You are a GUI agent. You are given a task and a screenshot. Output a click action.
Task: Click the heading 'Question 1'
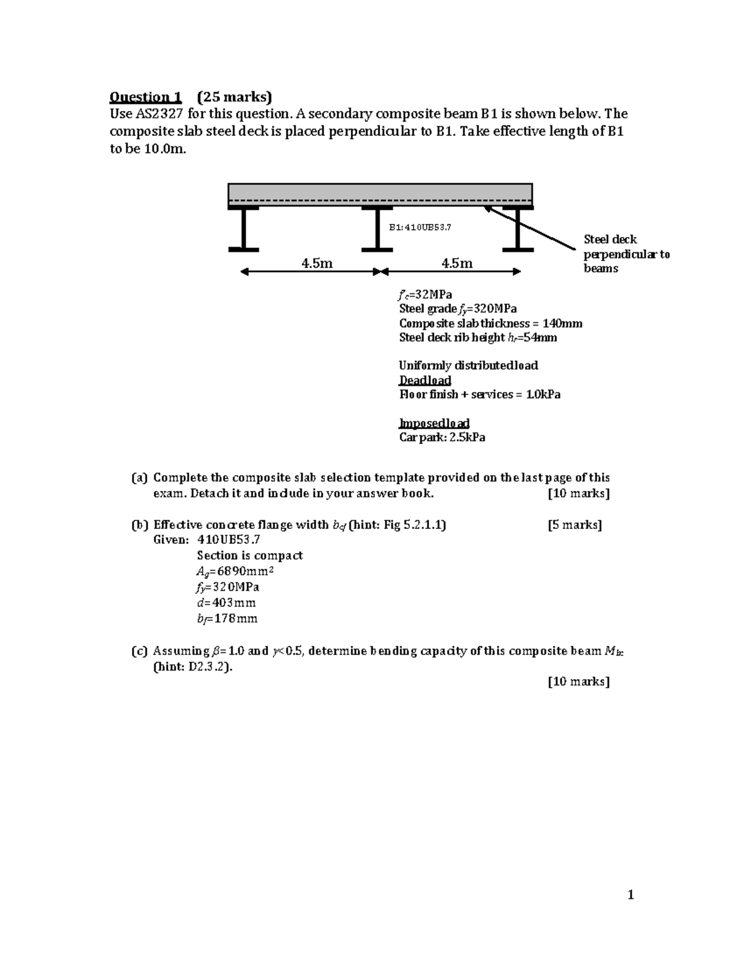(145, 97)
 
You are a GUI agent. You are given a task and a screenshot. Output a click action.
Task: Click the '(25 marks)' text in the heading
(234, 97)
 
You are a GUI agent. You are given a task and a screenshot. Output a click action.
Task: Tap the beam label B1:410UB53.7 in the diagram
(420, 227)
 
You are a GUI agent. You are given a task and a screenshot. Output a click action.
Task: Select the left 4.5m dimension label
(317, 264)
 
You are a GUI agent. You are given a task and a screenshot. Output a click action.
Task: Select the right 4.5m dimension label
(457, 264)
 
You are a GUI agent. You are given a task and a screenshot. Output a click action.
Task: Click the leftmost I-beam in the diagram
(244, 229)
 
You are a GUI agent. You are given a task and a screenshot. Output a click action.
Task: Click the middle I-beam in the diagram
(377, 229)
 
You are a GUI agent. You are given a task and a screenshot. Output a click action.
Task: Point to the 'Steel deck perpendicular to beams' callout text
(626, 254)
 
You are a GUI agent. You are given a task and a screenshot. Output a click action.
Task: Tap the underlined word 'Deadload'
(425, 380)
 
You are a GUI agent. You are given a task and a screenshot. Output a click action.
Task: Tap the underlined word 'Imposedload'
(434, 423)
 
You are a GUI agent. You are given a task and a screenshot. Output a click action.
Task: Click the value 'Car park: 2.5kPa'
(442, 437)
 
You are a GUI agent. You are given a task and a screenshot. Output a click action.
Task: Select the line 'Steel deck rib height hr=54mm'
(477, 337)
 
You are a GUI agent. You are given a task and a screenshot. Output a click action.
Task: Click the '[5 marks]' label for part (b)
(575, 525)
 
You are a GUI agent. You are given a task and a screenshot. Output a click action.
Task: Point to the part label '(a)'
(139, 477)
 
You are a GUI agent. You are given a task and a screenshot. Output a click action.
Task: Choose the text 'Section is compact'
(249, 556)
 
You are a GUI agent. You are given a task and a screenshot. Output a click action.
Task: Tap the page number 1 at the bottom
(631, 895)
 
